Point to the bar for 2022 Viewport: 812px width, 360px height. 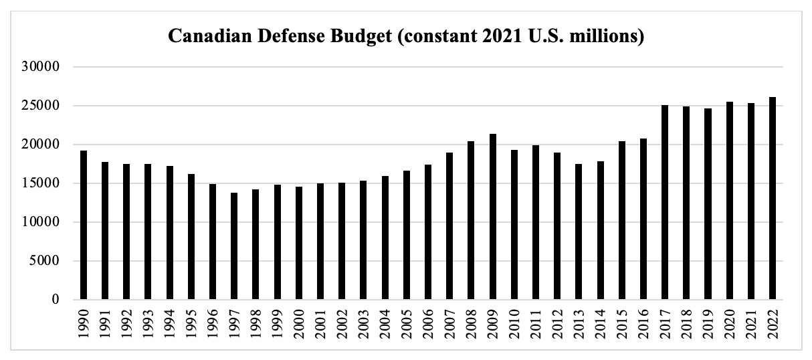(773, 199)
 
